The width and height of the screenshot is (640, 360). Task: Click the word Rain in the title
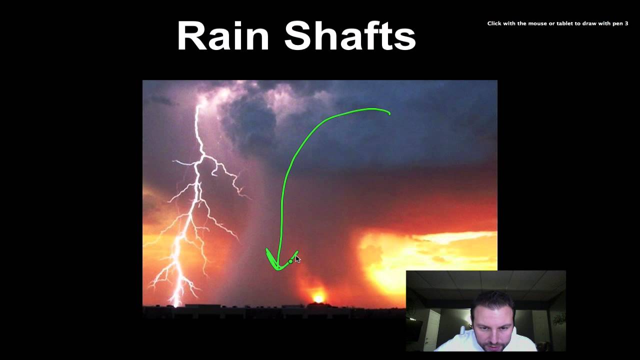click(x=223, y=36)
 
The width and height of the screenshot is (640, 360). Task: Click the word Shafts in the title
click(x=350, y=36)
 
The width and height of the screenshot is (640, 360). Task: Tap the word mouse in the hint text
click(x=531, y=23)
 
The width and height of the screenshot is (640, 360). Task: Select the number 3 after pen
click(x=626, y=23)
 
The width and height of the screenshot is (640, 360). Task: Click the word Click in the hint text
click(x=494, y=23)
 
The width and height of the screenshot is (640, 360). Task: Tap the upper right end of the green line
click(x=389, y=113)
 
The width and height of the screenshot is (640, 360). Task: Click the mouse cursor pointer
click(x=297, y=258)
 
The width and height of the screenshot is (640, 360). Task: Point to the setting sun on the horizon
click(x=318, y=298)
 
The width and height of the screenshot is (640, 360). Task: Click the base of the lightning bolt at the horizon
click(x=176, y=302)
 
